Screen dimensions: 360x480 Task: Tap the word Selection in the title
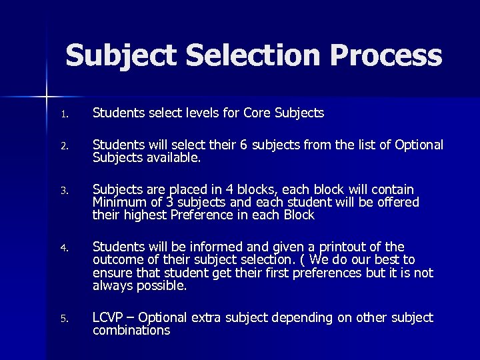tap(237, 55)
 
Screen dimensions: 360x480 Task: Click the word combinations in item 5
tap(131, 330)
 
